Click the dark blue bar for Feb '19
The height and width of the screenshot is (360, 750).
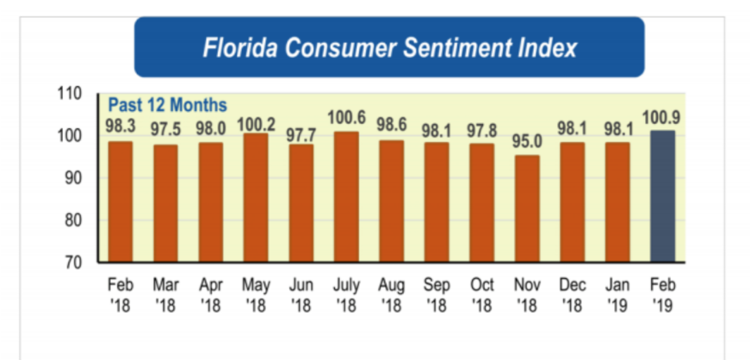coord(663,196)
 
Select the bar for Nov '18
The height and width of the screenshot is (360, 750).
coord(528,208)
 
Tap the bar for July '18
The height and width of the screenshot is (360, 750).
coord(347,196)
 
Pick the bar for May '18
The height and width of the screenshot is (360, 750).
coord(257,197)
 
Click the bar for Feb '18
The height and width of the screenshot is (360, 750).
coord(121,202)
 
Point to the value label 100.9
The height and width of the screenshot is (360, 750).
coord(663,115)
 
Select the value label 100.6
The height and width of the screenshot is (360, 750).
coord(347,116)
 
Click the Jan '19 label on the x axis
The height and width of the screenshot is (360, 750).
coord(617,294)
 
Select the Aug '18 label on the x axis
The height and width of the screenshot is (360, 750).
coord(393,294)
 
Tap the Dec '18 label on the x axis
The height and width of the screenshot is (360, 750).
coord(573,294)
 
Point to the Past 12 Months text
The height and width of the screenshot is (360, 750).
coord(167,105)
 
